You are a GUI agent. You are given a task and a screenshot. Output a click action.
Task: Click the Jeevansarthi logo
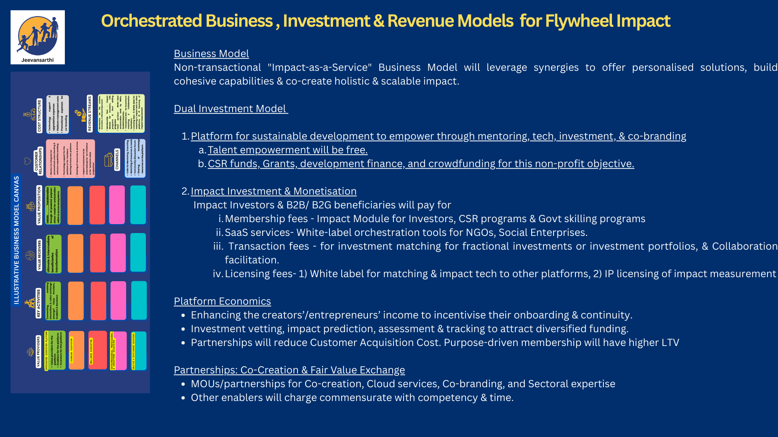point(38,37)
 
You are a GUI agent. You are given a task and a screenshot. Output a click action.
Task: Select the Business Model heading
point(211,54)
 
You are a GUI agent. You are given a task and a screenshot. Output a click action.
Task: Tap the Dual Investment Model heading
point(230,109)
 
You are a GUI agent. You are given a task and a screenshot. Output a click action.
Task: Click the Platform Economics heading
point(222,301)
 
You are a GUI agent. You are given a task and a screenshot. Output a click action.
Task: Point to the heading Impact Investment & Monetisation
point(274,191)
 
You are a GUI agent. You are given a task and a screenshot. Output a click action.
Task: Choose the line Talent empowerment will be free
point(287,150)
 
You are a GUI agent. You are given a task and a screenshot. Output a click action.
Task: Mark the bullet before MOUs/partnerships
point(184,384)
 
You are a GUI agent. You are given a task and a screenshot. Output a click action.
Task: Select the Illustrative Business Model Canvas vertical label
point(17,240)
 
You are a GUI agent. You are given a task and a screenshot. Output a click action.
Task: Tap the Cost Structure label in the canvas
point(39,115)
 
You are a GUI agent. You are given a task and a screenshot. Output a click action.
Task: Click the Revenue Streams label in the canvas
point(90,113)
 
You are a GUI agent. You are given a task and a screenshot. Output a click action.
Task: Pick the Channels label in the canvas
point(117,159)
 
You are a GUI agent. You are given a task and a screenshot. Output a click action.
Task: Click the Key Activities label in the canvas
point(38,303)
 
